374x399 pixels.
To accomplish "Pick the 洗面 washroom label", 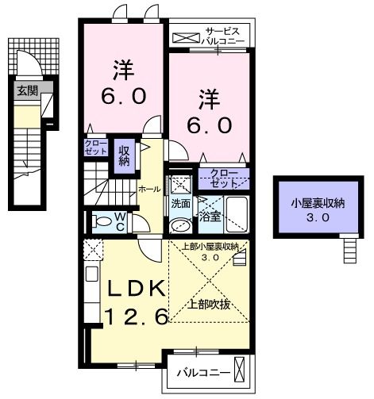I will (x=180, y=203).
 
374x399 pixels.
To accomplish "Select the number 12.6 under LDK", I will (x=136, y=317).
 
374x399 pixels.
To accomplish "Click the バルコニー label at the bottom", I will (x=203, y=373).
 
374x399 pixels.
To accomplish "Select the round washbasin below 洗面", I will (x=179, y=226).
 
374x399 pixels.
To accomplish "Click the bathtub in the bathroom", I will (x=236, y=213).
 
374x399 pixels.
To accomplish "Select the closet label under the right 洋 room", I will (x=223, y=178).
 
